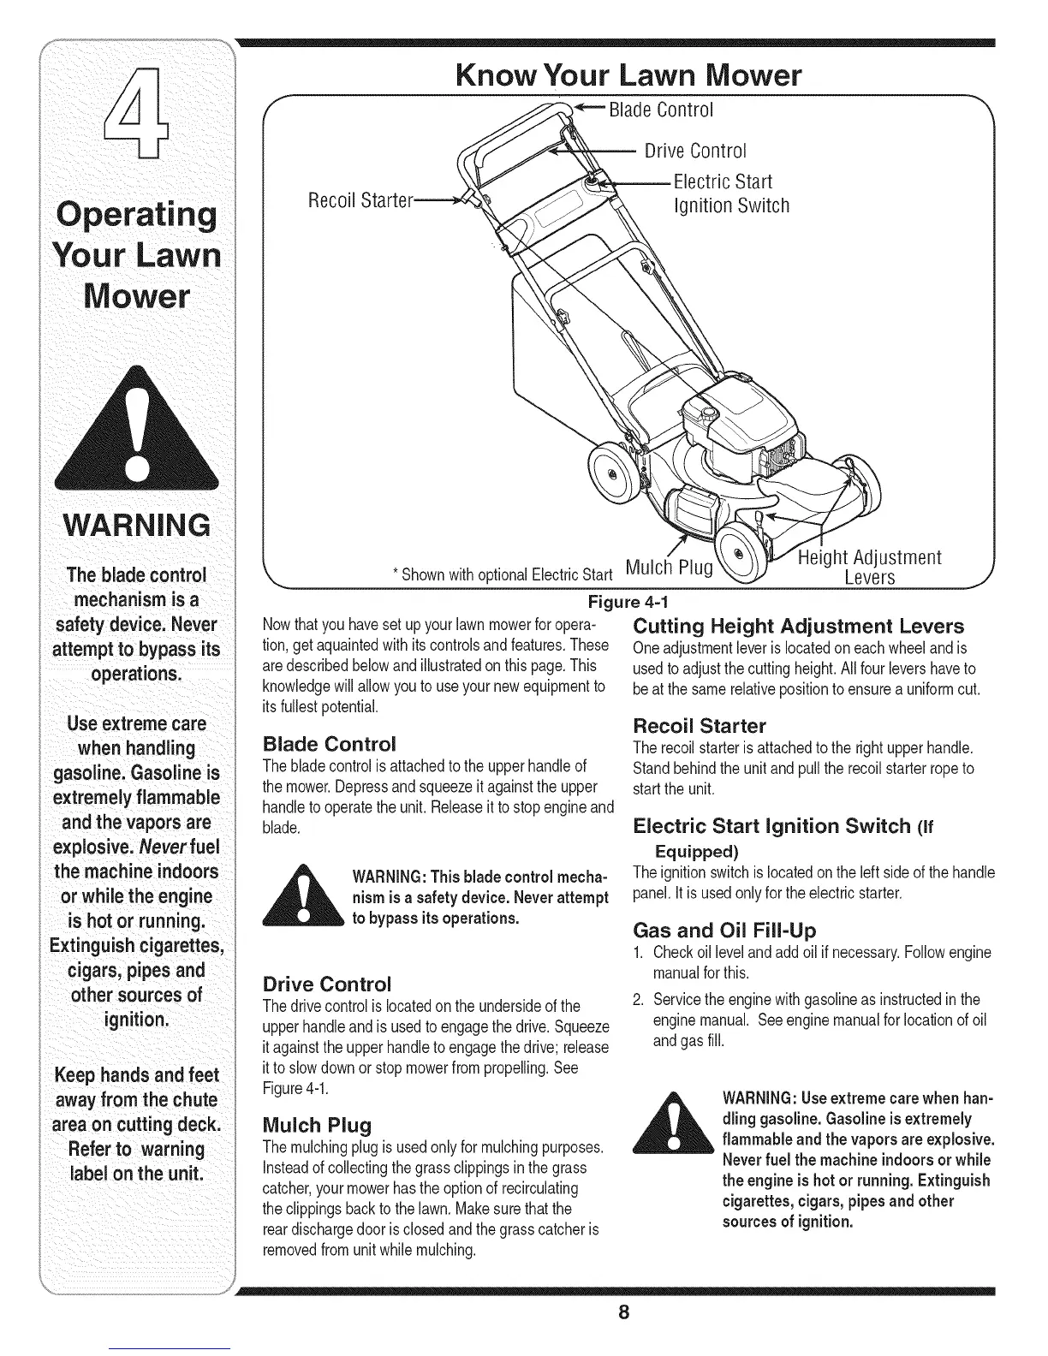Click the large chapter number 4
click(x=137, y=116)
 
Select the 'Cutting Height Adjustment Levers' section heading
click(x=798, y=625)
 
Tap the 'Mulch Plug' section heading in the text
click(x=316, y=1124)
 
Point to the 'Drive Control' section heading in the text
click(x=326, y=982)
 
